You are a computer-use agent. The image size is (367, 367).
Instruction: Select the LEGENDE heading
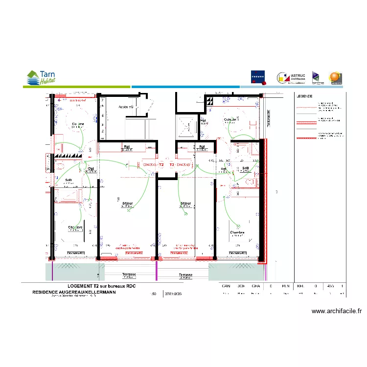click(304, 96)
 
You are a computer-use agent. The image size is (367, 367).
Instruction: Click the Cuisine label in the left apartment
click(78, 124)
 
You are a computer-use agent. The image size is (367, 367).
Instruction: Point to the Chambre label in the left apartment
click(75, 228)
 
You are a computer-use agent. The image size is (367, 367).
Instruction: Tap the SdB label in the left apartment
click(69, 180)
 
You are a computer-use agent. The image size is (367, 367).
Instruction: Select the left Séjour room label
click(128, 203)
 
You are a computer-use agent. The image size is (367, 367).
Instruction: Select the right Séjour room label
click(185, 203)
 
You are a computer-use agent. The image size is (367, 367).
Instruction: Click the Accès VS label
click(126, 106)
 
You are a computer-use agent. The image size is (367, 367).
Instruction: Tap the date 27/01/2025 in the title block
click(173, 294)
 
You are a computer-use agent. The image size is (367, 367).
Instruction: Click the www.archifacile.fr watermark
click(336, 311)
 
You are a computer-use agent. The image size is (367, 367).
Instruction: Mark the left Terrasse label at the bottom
click(130, 275)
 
